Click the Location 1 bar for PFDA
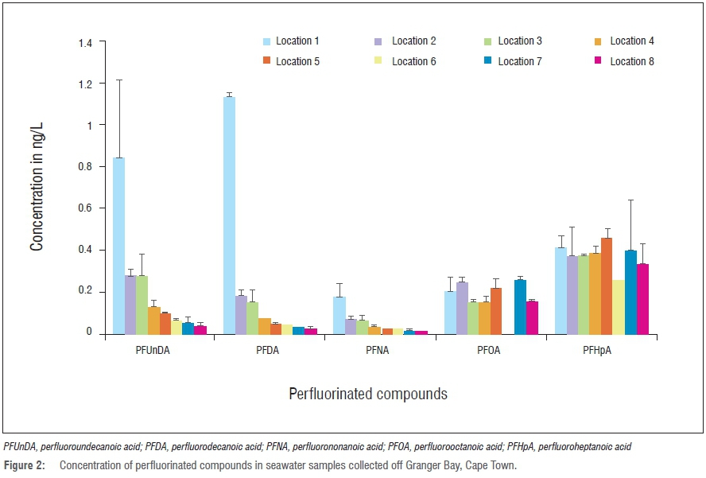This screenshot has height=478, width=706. pyautogui.click(x=229, y=215)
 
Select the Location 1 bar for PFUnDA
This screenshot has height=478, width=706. pyautogui.click(x=118, y=246)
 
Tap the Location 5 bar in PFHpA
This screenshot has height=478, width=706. pyautogui.click(x=607, y=286)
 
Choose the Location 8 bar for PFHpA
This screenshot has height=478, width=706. pyautogui.click(x=642, y=299)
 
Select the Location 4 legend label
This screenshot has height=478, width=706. pyautogui.click(x=632, y=41)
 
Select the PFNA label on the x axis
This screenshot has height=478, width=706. pyautogui.click(x=380, y=351)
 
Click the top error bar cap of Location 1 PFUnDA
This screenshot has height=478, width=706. pyautogui.click(x=118, y=80)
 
